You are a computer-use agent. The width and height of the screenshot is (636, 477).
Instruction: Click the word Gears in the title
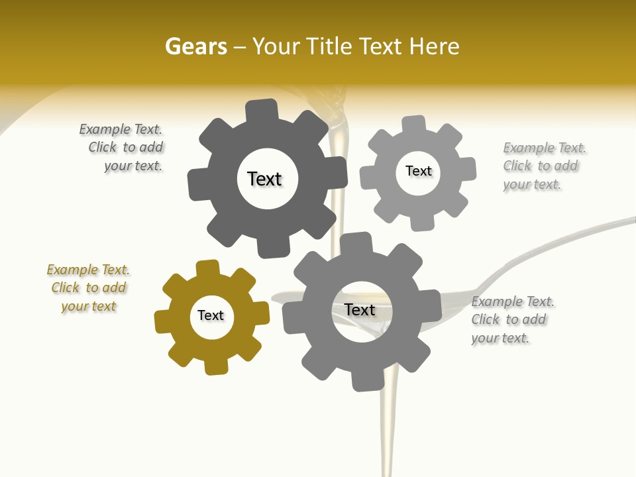(x=195, y=46)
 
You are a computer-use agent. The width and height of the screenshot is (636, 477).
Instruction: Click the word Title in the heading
(x=329, y=46)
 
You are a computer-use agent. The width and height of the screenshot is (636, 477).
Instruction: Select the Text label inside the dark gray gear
(x=264, y=179)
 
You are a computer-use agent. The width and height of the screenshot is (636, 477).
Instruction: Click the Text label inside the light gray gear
(x=418, y=171)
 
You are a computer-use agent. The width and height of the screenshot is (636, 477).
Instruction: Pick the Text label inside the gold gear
(x=211, y=316)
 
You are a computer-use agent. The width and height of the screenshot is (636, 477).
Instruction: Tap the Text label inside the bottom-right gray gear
(x=360, y=310)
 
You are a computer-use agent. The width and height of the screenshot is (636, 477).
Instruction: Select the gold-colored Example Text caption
(x=88, y=288)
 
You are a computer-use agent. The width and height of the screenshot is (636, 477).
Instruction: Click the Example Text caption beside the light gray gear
(x=544, y=166)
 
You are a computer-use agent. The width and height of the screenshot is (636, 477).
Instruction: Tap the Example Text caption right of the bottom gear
(x=512, y=320)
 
